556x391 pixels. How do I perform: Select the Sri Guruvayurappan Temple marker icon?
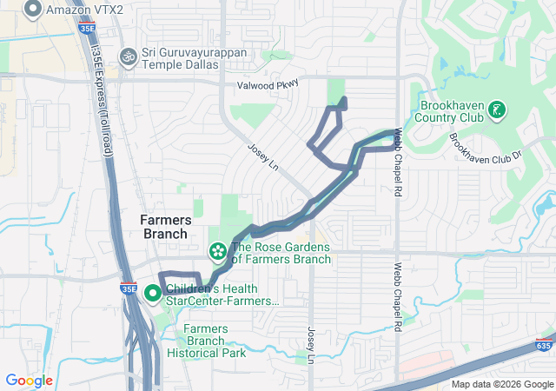pyautogui.click(x=129, y=56)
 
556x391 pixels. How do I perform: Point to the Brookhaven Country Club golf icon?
pyautogui.click(x=496, y=109)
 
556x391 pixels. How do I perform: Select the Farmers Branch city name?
pyautogui.click(x=164, y=227)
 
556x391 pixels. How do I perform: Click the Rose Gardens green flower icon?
pyautogui.click(x=217, y=252)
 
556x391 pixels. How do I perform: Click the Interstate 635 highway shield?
pyautogui.click(x=544, y=346)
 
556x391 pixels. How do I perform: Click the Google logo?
pyautogui.click(x=29, y=381)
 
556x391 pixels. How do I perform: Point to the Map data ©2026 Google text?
pyautogui.click(x=501, y=384)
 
